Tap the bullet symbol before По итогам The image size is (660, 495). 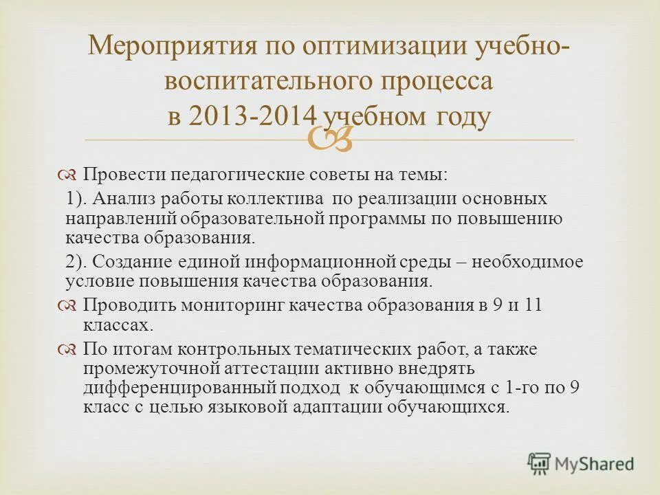coord(68,349)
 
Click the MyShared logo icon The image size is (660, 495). coord(540,463)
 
